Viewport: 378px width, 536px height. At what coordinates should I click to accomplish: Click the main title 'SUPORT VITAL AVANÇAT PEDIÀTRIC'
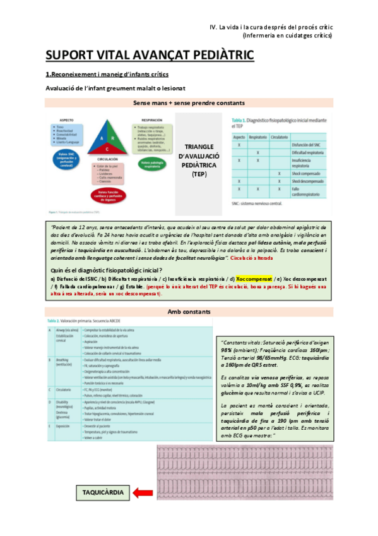(x=150, y=56)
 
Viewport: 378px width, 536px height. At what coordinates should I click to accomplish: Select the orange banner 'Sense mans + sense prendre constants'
(x=189, y=102)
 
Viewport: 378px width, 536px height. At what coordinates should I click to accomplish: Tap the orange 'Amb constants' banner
(x=189, y=312)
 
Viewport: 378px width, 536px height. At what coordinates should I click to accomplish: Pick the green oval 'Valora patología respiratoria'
(x=155, y=164)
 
